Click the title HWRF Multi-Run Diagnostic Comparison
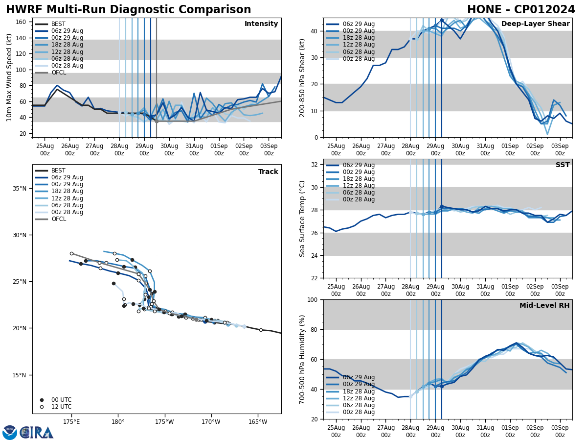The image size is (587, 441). tap(128, 10)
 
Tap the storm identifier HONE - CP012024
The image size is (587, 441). tap(521, 10)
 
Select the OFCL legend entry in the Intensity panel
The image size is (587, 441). tap(58, 73)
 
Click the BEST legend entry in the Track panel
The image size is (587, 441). tap(58, 171)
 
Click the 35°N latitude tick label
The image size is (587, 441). tap(19, 189)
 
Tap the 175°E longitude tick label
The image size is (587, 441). tap(71, 422)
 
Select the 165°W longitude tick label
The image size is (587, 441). tap(258, 422)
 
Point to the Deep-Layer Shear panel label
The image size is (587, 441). tap(535, 24)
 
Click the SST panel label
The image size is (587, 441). tap(563, 165)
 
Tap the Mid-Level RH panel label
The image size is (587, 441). tap(544, 306)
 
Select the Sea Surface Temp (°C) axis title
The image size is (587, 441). tap(303, 219)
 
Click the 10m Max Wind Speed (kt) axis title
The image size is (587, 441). tap(9, 77)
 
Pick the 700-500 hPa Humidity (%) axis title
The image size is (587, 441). tap(303, 359)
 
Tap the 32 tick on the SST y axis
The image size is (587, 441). tap(315, 165)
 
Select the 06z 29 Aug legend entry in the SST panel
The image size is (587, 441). tap(359, 165)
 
